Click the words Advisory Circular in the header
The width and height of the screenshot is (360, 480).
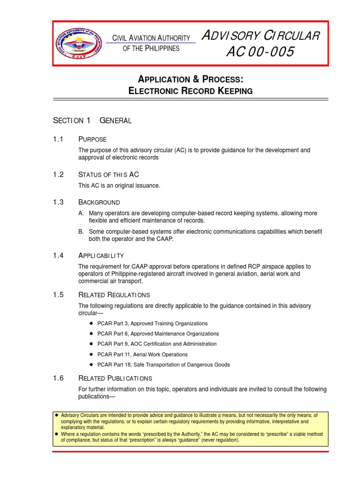click(260, 36)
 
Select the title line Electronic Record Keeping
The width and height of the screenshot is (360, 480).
click(190, 91)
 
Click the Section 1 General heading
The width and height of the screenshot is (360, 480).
click(92, 120)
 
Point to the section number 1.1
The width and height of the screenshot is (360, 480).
click(59, 139)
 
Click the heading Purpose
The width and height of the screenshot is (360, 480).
click(92, 139)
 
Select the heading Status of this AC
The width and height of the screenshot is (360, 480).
click(109, 175)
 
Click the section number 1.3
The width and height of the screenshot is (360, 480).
click(59, 202)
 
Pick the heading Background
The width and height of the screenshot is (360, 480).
click(99, 202)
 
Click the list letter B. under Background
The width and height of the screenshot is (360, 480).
click(82, 232)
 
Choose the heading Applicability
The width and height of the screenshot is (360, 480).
click(101, 255)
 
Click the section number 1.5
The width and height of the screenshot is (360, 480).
click(59, 295)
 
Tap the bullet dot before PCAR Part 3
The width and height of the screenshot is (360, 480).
click(90, 323)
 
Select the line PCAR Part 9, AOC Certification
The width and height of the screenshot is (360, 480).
click(157, 344)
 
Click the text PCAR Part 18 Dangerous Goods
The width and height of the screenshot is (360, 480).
click(163, 365)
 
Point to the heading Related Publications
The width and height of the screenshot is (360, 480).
click(115, 378)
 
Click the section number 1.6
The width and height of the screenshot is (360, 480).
click(59, 378)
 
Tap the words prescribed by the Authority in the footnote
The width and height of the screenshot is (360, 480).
click(166, 434)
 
